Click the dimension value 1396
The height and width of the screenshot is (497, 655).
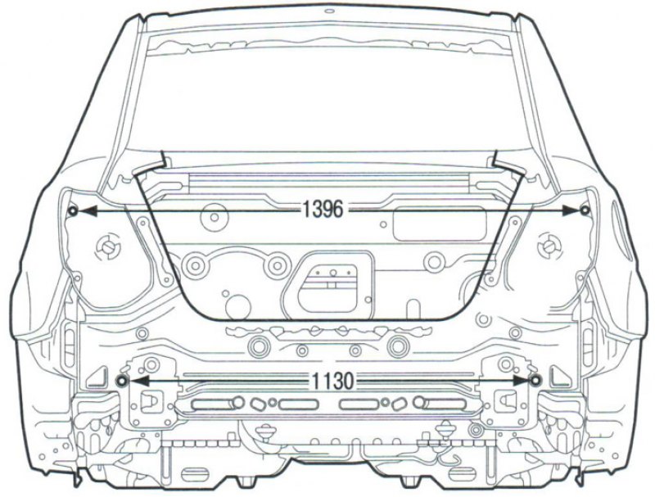[x=323, y=209]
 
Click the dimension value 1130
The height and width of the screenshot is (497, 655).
[x=332, y=381]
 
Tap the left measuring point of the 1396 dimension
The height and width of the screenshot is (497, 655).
[x=73, y=210]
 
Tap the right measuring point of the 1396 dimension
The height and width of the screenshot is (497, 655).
[x=585, y=210]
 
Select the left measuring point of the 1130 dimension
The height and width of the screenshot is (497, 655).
[x=122, y=381]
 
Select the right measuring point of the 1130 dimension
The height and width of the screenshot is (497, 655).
[x=535, y=380]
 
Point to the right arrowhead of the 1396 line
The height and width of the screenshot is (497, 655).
[x=571, y=210]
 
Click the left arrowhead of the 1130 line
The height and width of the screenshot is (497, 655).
[x=138, y=381]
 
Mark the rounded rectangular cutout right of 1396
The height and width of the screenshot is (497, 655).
[x=440, y=224]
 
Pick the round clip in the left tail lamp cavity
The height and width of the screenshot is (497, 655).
[x=108, y=247]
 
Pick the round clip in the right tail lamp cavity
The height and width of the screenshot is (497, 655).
[x=549, y=246]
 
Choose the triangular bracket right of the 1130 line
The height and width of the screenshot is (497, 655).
[x=560, y=376]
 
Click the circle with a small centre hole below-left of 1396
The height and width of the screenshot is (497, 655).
[x=215, y=218]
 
